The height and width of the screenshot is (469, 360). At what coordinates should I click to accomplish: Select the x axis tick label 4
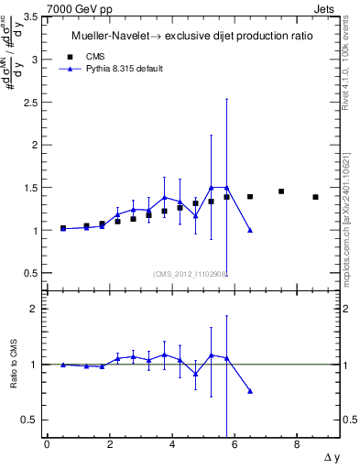[x=171, y=446]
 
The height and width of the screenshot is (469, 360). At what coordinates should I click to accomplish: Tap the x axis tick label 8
[x=297, y=446]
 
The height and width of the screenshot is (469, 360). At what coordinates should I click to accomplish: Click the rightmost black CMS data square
[x=315, y=197]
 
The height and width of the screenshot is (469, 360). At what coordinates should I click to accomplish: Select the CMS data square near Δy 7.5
[x=281, y=191]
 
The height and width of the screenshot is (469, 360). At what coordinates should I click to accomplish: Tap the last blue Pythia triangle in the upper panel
[x=250, y=231]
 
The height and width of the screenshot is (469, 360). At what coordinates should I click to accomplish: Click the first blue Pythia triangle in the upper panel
[x=62, y=228]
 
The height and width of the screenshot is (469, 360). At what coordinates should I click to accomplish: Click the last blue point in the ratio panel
[x=250, y=391]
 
